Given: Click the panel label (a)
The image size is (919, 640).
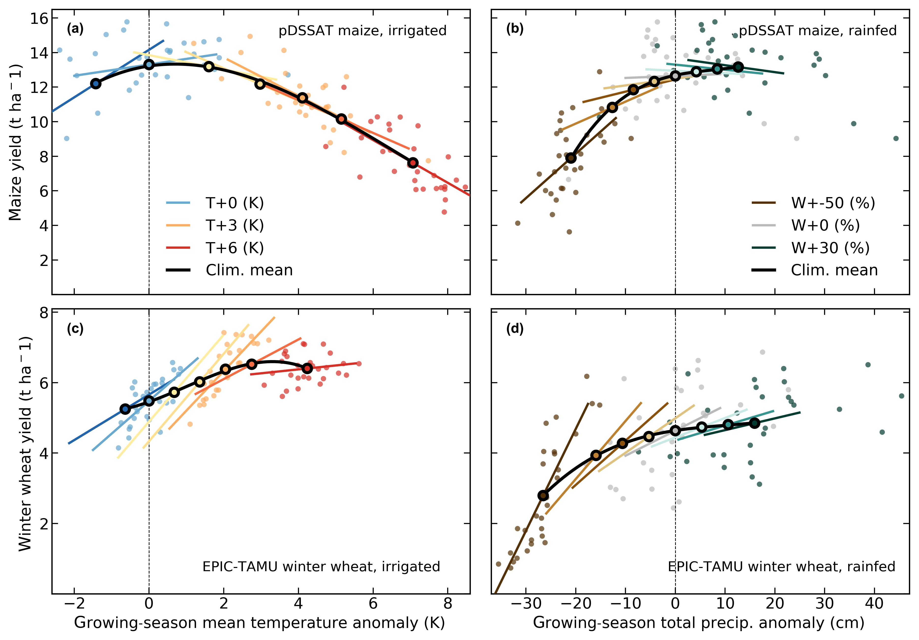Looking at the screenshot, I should [x=75, y=29].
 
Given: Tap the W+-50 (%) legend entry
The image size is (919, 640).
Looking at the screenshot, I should [x=832, y=203].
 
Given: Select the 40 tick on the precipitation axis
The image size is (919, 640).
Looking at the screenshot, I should [x=874, y=603].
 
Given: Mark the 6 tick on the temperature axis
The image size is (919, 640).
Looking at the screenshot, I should [x=373, y=603].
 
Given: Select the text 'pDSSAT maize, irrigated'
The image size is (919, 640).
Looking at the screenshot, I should [x=362, y=31].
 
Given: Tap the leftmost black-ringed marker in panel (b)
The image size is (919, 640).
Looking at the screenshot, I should [x=571, y=158].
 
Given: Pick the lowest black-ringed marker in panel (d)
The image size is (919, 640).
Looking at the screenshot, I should [x=543, y=495].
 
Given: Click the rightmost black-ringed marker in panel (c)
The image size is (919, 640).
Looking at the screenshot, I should [x=307, y=368].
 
